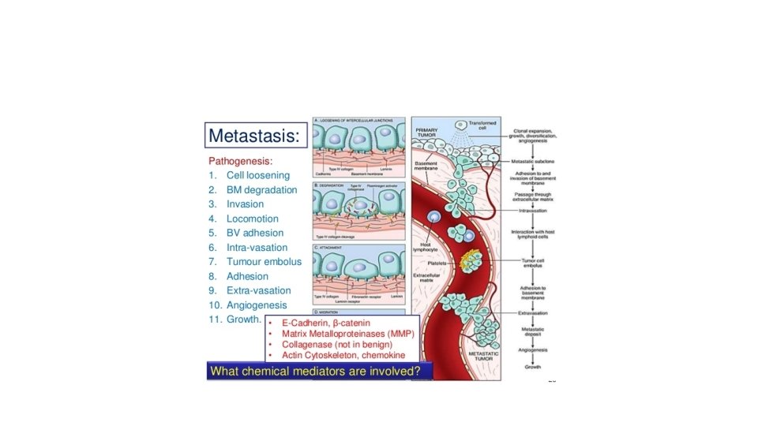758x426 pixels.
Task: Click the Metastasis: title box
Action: tap(253, 136)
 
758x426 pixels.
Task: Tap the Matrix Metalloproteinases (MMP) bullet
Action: tap(347, 334)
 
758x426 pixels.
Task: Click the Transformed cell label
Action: tap(482, 125)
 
